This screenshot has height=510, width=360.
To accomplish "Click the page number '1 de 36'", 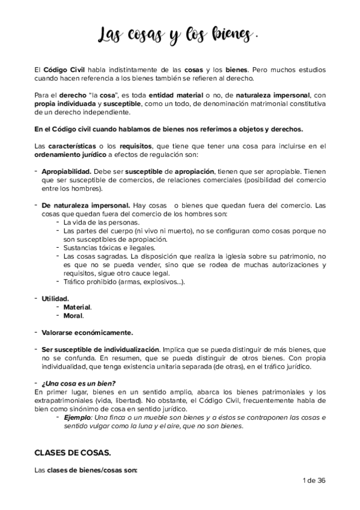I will pyautogui.click(x=311, y=481).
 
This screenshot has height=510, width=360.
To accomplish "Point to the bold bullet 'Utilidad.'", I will pyautogui.click(x=55, y=298).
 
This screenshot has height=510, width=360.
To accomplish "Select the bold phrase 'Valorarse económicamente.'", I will pyautogui.click(x=87, y=333).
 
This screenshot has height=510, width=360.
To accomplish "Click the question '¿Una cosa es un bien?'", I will pyautogui.click(x=78, y=384).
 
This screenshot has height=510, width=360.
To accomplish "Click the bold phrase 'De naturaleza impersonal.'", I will pyautogui.click(x=78, y=206).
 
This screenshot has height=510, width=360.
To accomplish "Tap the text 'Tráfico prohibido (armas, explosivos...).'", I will pyautogui.click(x=124, y=281).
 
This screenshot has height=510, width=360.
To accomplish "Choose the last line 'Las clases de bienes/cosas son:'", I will pyautogui.click(x=86, y=471).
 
